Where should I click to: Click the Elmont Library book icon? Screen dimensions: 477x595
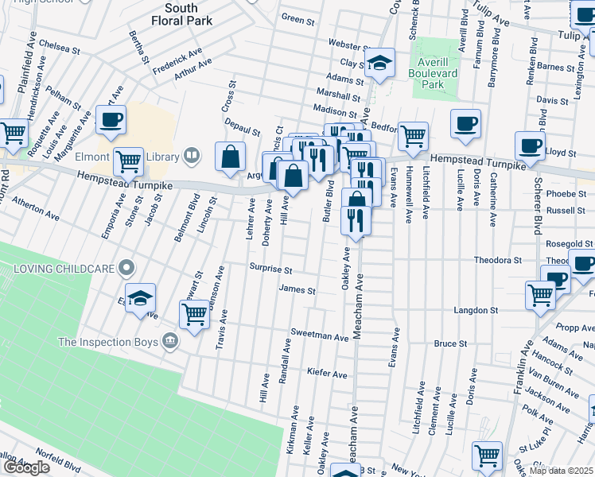(x=191, y=157)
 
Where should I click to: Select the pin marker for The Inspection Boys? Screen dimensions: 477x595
(x=169, y=342)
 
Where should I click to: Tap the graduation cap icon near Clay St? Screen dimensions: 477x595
(x=380, y=63)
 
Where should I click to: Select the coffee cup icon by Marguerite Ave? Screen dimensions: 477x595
(x=111, y=120)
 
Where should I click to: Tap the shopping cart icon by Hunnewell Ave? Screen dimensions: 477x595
(x=413, y=136)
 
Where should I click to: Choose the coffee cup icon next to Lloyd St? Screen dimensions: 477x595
(x=530, y=145)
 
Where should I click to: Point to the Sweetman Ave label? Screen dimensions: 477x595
(x=321, y=336)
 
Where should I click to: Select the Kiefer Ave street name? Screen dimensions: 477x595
(x=329, y=374)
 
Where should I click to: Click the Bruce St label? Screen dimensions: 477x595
(x=449, y=343)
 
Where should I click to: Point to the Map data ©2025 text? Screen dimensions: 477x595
(x=561, y=470)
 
